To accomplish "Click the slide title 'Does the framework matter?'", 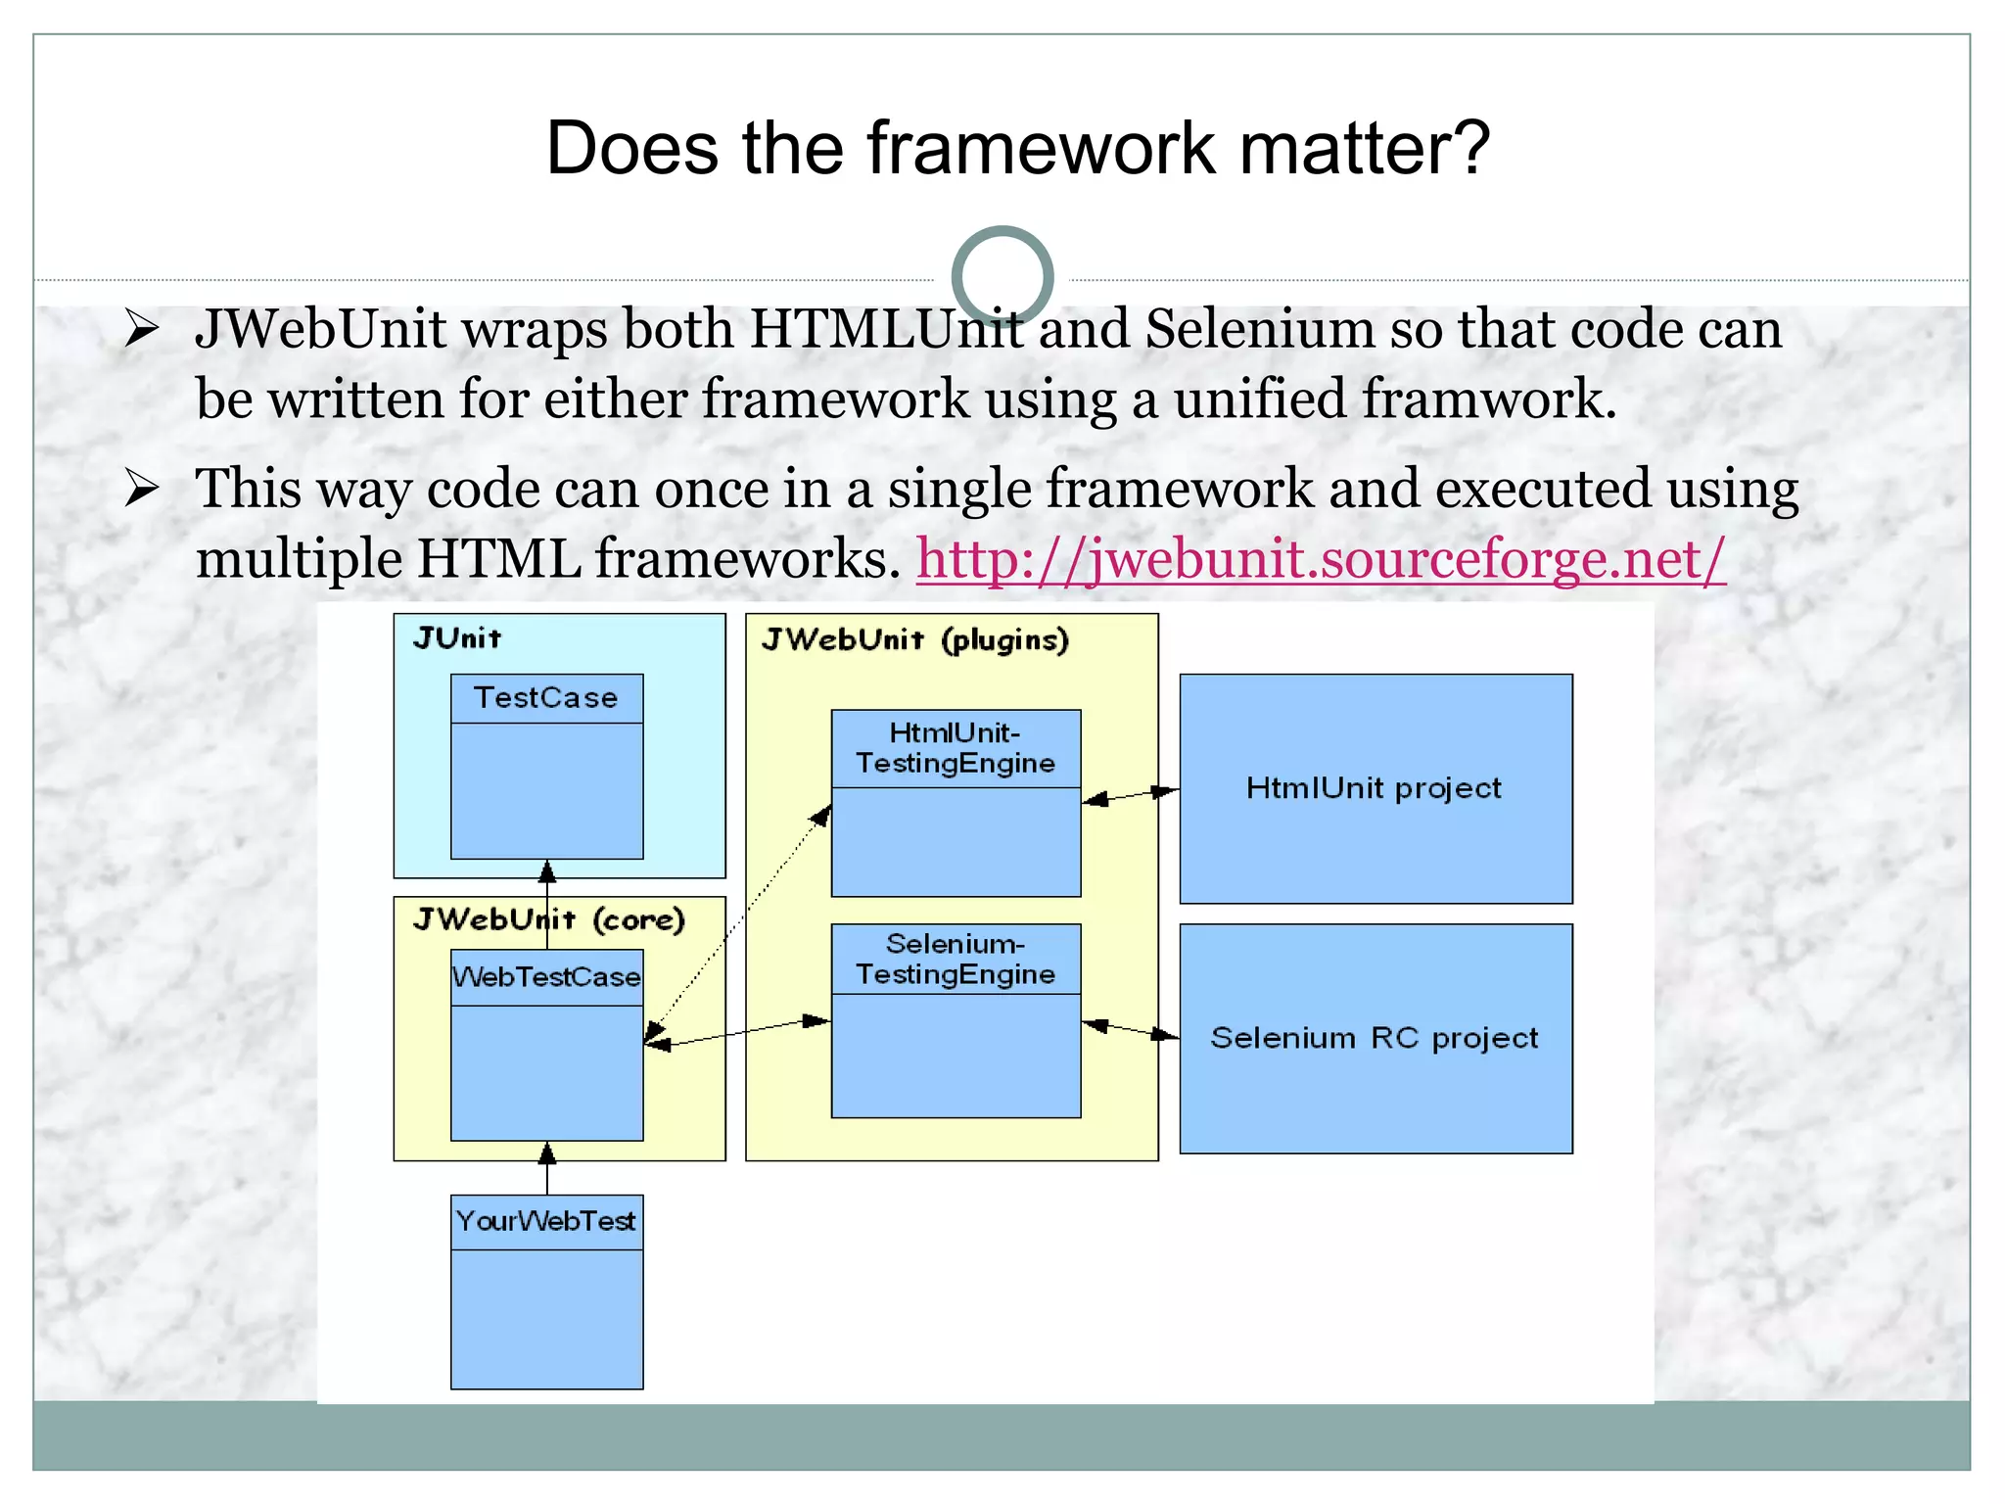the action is (x=1017, y=149).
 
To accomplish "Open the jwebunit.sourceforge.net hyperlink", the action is (x=1321, y=559).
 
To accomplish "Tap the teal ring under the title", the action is (x=1002, y=277).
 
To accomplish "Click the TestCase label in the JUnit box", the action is (x=546, y=698).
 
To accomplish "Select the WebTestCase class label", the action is (x=546, y=977).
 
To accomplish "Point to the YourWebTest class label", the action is (x=546, y=1221).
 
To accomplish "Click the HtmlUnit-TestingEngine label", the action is (x=956, y=748).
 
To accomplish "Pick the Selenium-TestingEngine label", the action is (x=956, y=960).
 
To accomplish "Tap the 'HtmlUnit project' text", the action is (x=1374, y=788).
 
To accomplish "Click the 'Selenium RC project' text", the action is (x=1375, y=1038).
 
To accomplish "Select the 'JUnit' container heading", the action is (x=457, y=639).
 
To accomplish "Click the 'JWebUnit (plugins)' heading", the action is (x=915, y=640).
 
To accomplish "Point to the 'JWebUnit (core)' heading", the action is (x=549, y=920).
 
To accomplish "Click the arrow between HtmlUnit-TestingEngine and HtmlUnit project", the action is (x=1130, y=795).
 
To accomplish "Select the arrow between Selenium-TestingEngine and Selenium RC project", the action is (x=1130, y=1029).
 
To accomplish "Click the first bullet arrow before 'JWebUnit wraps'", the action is (x=142, y=330).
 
